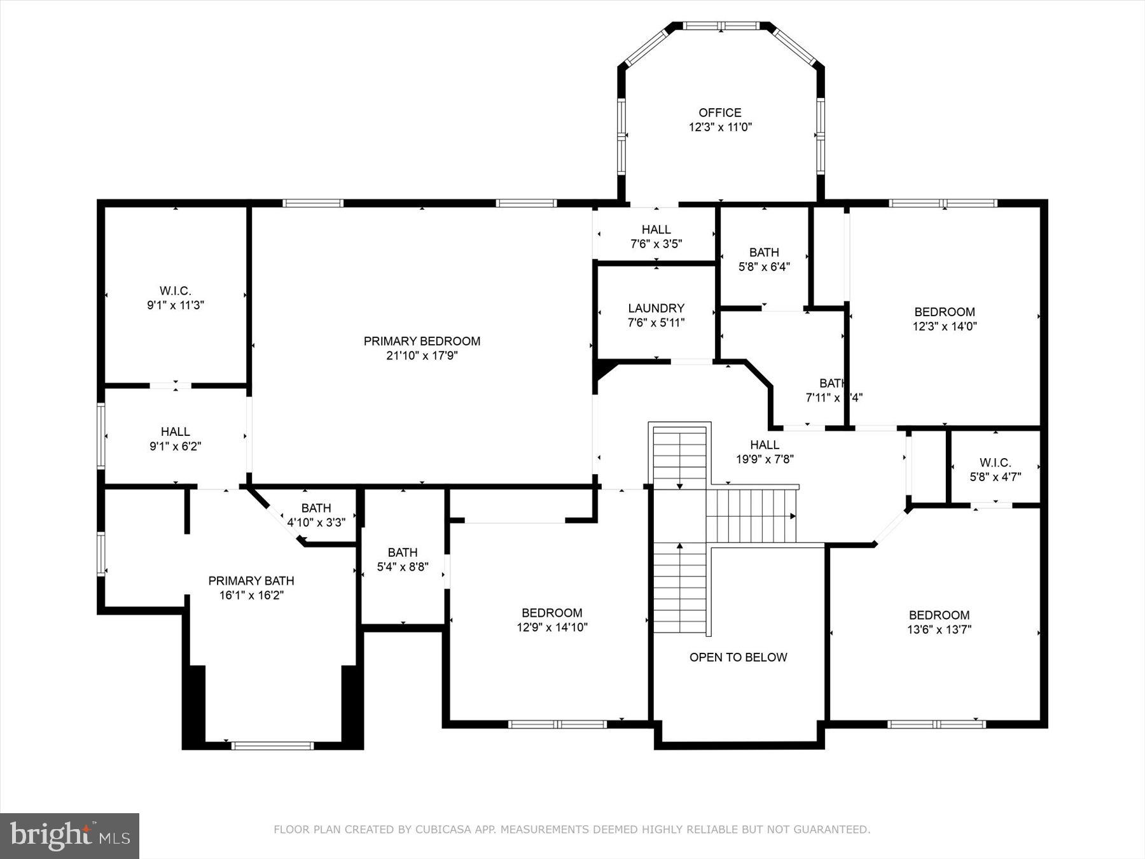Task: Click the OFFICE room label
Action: coord(720,113)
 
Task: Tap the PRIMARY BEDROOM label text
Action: coord(422,341)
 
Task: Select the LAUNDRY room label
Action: coord(656,309)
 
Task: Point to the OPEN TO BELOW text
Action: coord(738,657)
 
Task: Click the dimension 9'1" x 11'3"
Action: coord(175,305)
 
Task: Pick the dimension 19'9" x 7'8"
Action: coord(765,459)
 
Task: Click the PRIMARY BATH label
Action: coord(251,580)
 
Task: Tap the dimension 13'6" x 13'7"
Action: coord(939,630)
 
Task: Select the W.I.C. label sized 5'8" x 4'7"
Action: coord(995,463)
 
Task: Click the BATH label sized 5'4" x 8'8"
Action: coord(403,552)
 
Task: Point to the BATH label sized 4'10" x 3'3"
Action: coord(316,508)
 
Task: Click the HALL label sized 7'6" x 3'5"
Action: coord(656,230)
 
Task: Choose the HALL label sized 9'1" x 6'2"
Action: coord(175,431)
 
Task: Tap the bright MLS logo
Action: coord(69,835)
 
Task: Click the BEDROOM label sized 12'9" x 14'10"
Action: coord(552,613)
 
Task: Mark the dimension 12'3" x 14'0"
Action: coord(945,326)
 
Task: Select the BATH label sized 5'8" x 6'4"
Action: coord(764,253)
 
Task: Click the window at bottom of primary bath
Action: coord(272,746)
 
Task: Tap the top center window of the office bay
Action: coord(721,26)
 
